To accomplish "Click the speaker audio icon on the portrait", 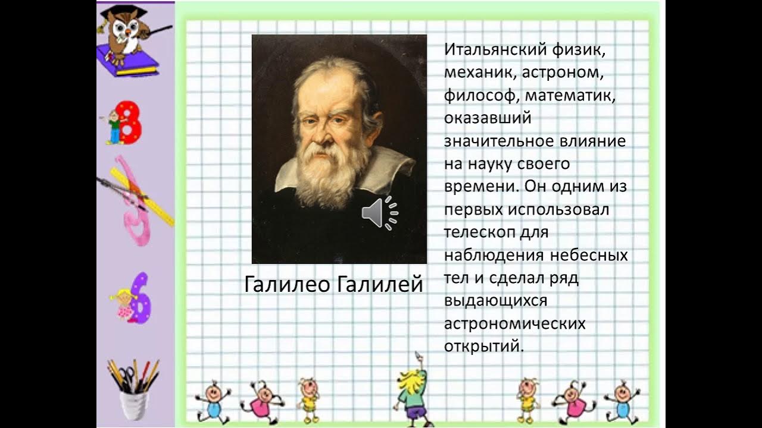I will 379,213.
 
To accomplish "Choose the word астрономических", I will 515,324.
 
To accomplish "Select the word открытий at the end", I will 483,346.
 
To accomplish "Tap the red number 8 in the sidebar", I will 130,122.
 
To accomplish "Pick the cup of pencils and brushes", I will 133,389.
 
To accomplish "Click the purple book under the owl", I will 127,62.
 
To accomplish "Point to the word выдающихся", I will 495,301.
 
